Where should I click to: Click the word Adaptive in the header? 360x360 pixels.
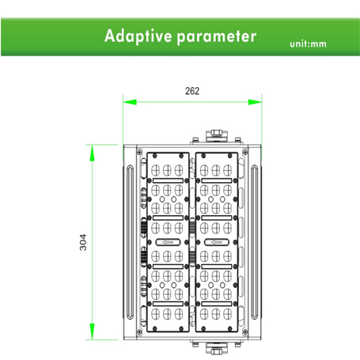tap(138, 36)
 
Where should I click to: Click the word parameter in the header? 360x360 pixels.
tap(217, 37)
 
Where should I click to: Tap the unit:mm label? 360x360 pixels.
tap(308, 44)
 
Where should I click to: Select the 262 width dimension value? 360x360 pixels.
tap(192, 91)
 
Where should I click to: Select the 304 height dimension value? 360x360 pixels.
tap(83, 242)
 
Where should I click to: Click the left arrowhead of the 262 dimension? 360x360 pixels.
tap(130, 102)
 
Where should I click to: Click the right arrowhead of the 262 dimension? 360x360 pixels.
tap(255, 102)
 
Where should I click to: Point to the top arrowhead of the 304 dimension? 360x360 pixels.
tap(92, 153)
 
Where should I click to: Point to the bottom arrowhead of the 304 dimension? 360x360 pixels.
tap(92, 332)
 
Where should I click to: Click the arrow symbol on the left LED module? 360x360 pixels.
tap(168, 242)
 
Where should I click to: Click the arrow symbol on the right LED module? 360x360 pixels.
tap(217, 242)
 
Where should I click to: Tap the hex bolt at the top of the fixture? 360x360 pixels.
tap(217, 132)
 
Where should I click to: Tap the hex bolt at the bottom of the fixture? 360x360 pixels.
tap(217, 352)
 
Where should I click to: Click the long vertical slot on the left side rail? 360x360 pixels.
tap(131, 242)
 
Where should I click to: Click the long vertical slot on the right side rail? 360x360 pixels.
tap(254, 242)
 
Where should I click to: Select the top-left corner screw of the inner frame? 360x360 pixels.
tap(139, 152)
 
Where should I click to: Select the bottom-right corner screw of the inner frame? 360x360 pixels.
tap(245, 332)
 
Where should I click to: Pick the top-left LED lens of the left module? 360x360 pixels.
tap(155, 170)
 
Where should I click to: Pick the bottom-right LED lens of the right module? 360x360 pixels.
tap(228, 314)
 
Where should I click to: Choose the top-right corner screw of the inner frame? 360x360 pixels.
tap(245, 152)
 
